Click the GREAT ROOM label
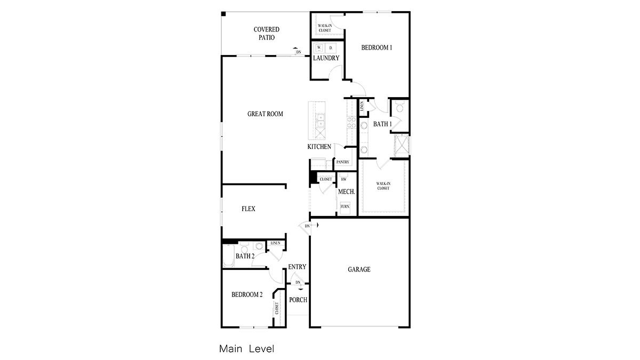click(265, 114)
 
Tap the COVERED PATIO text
click(266, 34)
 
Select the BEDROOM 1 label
click(377, 47)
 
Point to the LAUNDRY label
click(326, 58)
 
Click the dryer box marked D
click(331, 48)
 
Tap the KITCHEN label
click(319, 147)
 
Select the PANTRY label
click(342, 162)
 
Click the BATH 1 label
click(382, 124)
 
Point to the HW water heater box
click(344, 179)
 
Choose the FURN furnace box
click(345, 206)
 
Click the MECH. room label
click(346, 192)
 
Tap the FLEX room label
click(248, 209)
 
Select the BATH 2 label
click(245, 257)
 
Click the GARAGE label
click(359, 270)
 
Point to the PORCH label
click(298, 300)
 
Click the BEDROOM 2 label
click(247, 294)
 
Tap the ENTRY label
click(297, 267)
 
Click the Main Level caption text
click(246, 349)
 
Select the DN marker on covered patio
click(298, 52)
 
